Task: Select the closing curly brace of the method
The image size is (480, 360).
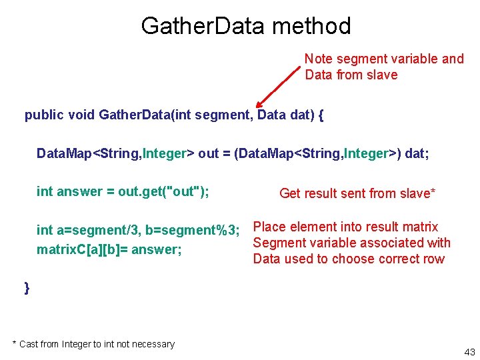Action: tap(27, 287)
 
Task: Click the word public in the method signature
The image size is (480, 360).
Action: tap(44, 115)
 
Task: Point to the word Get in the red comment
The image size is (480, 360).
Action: tap(291, 193)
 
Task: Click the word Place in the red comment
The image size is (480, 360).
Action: tap(270, 227)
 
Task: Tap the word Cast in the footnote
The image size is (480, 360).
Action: tap(28, 344)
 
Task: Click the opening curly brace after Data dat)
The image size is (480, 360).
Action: tap(321, 115)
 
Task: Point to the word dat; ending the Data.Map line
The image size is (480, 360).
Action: tap(417, 154)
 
